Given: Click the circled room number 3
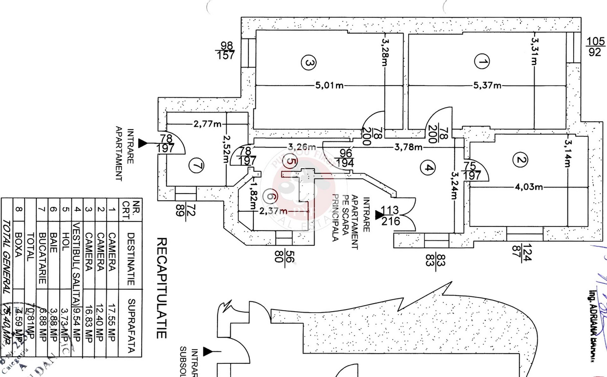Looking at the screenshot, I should click(308, 63).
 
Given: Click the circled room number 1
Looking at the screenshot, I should click(483, 62).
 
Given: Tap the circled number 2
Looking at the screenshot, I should click(519, 160).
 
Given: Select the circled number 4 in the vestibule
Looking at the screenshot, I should click(428, 168).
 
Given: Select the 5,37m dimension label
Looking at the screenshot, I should click(488, 85).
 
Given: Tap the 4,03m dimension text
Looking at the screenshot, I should click(529, 187).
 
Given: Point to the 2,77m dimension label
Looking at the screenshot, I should click(207, 124).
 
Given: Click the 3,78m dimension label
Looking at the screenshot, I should click(408, 147).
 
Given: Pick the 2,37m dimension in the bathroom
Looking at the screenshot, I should click(273, 211).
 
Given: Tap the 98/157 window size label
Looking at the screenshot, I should click(226, 50).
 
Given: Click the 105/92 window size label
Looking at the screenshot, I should click(595, 46).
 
